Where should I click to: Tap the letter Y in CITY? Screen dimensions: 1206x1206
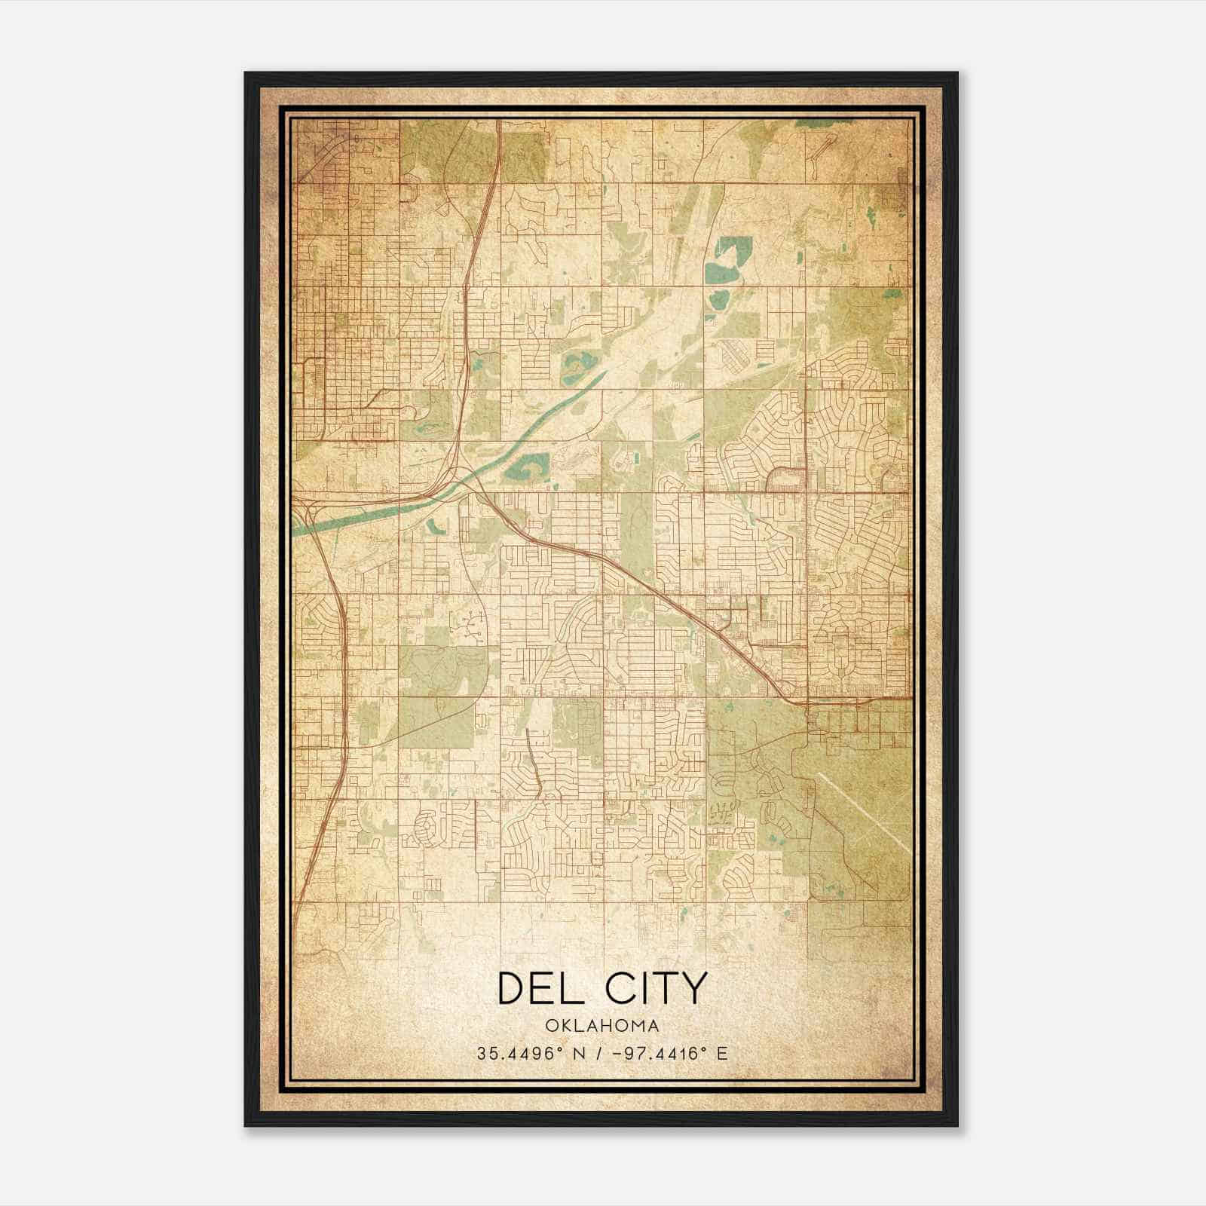[694, 988]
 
